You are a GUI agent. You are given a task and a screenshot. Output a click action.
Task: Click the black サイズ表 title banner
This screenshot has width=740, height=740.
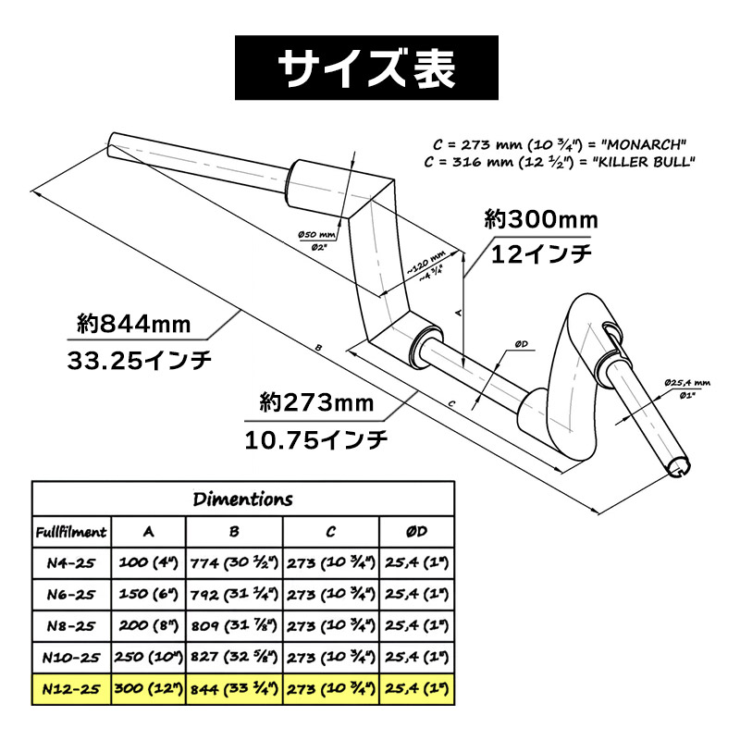366,68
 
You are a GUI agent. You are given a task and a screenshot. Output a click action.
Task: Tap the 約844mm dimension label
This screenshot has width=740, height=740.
134,325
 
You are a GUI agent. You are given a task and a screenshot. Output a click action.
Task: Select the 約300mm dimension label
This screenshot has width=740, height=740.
541,219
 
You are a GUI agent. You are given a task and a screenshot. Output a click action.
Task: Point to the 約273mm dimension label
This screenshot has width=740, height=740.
316,403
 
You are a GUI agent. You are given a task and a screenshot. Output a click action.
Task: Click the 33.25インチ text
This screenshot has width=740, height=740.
140,361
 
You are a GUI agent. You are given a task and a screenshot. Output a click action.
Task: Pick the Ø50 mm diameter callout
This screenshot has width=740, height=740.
316,234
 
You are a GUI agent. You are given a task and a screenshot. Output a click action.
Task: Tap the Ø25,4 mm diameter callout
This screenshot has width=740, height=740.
687,383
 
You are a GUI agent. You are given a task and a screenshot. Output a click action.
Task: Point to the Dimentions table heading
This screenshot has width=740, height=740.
243,499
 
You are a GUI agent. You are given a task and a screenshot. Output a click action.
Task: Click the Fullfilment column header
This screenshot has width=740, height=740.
71,532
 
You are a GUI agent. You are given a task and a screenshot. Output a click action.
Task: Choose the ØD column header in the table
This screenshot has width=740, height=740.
417,532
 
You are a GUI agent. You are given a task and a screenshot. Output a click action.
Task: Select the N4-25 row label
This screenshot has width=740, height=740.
71,563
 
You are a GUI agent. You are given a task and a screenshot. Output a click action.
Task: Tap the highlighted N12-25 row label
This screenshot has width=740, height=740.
71,689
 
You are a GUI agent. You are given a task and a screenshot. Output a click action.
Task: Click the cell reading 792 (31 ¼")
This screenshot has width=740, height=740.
235,594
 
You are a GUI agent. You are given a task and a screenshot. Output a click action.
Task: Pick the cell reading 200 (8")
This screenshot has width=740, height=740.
149,626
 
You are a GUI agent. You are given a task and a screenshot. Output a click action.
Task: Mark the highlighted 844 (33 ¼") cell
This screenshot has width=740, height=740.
235,689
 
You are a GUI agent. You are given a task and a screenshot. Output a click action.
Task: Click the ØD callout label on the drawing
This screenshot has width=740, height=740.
521,344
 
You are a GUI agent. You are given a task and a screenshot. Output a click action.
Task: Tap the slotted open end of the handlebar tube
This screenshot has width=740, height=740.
680,467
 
